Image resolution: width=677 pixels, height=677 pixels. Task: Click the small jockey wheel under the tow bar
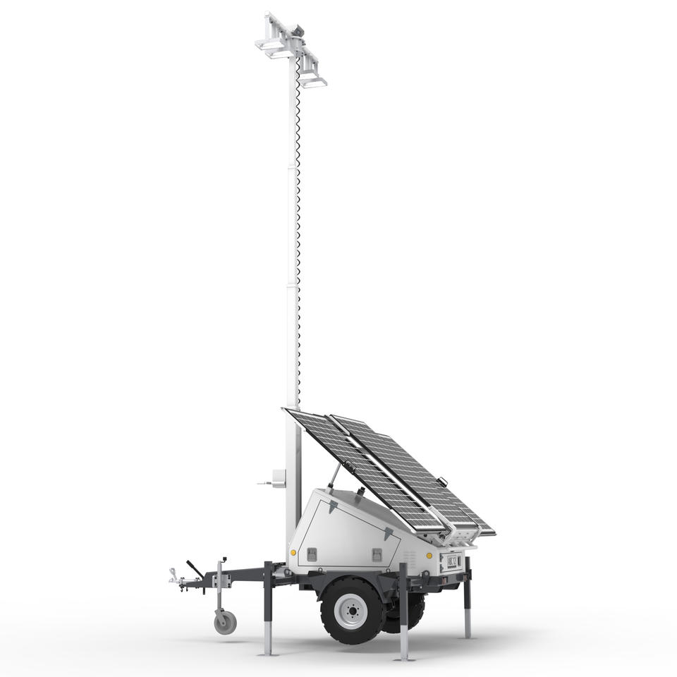coord(225,622)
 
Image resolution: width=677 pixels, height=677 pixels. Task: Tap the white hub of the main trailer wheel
coord(352,609)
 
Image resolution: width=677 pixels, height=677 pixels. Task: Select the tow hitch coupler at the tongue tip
coord(173,580)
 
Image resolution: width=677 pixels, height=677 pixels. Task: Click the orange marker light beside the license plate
coord(429,555)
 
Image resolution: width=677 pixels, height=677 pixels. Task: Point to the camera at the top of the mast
coord(298,29)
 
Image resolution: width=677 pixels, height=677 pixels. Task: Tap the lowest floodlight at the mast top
coord(313,83)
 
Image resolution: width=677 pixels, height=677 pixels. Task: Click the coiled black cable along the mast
coord(298,212)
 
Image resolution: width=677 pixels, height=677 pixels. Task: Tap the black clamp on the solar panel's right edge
coord(442,482)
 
